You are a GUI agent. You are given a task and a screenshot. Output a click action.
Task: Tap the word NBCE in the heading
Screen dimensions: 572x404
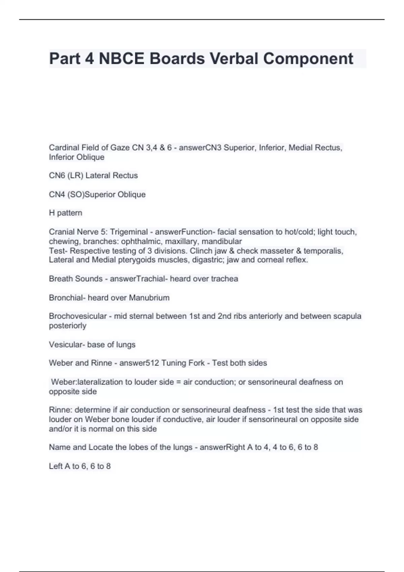point(121,59)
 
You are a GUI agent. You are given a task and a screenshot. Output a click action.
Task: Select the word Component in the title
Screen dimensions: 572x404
point(308,59)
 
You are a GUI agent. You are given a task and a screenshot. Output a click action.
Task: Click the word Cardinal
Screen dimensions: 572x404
point(64,148)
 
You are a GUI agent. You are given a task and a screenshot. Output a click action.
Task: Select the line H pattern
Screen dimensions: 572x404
point(66,213)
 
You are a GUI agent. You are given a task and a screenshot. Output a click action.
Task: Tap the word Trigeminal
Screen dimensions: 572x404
point(129,232)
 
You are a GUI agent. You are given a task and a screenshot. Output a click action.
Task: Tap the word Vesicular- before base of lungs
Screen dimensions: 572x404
point(67,345)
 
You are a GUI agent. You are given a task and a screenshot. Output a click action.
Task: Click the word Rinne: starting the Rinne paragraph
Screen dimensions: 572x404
point(60,410)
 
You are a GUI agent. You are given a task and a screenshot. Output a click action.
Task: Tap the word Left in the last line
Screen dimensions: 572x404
point(56,466)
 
